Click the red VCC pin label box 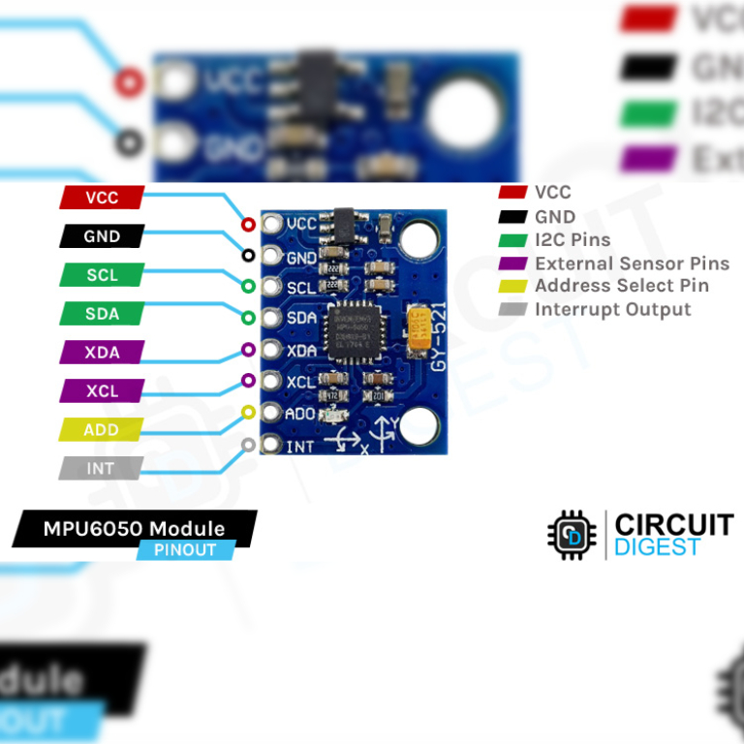(x=102, y=198)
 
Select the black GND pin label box (x=102, y=236)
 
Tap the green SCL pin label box (x=102, y=275)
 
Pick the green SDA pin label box (x=102, y=314)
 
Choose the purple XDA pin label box (x=102, y=353)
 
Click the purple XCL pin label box (x=102, y=391)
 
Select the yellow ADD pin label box (x=102, y=429)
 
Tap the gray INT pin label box (x=102, y=468)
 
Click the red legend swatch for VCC (x=511, y=193)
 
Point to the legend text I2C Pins (x=573, y=239)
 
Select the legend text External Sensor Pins (x=632, y=263)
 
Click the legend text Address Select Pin (x=621, y=286)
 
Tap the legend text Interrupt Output (x=612, y=309)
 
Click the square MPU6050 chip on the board (x=352, y=329)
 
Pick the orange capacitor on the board (x=420, y=329)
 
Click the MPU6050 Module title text (x=134, y=529)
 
